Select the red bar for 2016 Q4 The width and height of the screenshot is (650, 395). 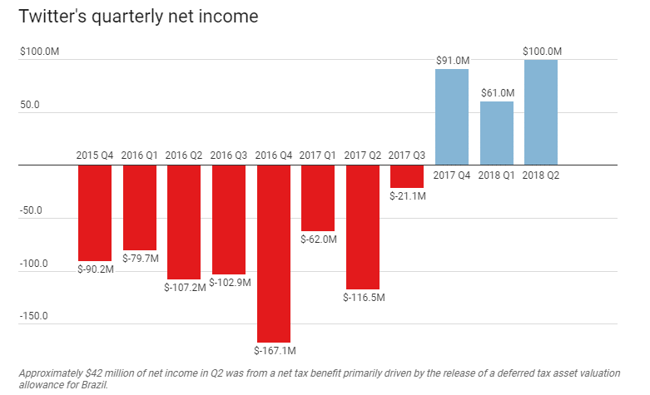(274, 253)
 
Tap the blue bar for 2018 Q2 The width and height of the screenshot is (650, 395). (541, 112)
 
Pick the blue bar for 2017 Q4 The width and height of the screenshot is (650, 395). (452, 117)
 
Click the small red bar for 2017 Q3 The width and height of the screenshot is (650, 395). (407, 176)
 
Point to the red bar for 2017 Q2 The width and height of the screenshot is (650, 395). (363, 226)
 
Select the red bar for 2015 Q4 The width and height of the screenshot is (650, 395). (95, 213)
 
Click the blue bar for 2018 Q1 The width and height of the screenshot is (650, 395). (497, 133)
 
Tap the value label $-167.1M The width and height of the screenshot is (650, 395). (275, 349)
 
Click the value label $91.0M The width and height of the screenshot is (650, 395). (453, 61)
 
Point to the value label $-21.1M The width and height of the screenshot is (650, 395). (408, 196)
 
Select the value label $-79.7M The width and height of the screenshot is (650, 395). (140, 258)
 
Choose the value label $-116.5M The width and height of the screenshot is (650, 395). (363, 297)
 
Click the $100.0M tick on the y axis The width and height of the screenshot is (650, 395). (39, 52)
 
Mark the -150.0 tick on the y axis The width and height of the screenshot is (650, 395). (34, 316)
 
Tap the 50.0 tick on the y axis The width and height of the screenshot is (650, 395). (31, 106)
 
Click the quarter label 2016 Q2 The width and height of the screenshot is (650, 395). (184, 155)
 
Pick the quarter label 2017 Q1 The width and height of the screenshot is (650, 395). (318, 155)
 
